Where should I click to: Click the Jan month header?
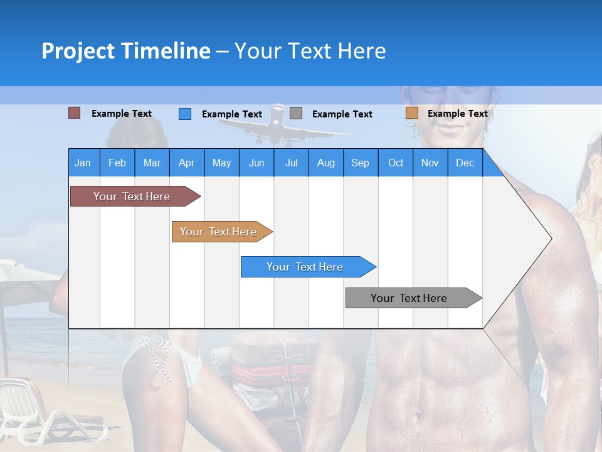[x=83, y=163]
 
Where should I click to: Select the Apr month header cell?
[x=186, y=163]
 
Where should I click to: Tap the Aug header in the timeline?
[x=325, y=163]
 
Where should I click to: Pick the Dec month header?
[x=465, y=163]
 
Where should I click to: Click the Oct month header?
[x=396, y=163]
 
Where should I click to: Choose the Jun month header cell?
[x=256, y=163]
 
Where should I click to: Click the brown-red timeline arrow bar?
[x=132, y=196]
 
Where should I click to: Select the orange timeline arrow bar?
[x=218, y=232]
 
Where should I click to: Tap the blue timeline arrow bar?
[x=305, y=267]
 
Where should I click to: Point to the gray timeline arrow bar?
[x=409, y=298]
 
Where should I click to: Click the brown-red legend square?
[x=74, y=113]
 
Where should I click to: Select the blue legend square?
[x=184, y=114]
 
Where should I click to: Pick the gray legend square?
[x=296, y=114]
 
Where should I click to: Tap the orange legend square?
[x=411, y=113]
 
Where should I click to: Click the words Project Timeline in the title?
[x=125, y=51]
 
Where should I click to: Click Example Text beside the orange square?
[x=457, y=114]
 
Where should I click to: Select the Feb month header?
[x=117, y=163]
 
